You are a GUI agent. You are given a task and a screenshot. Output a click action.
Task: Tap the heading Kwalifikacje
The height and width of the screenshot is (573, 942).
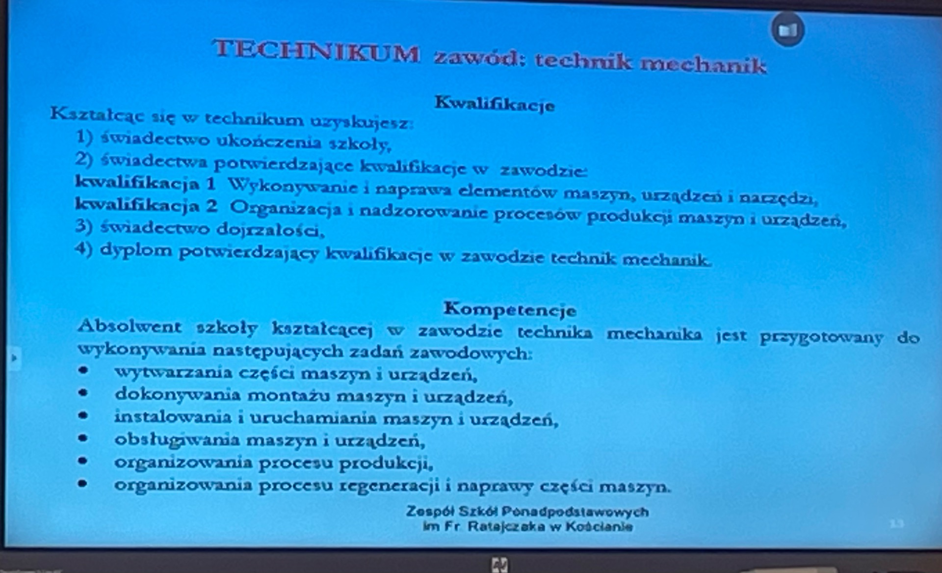coord(495,104)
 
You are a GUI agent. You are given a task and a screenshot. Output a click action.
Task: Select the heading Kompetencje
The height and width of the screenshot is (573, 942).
coord(510,309)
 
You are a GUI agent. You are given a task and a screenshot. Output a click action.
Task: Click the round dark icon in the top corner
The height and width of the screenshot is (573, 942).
coord(787,30)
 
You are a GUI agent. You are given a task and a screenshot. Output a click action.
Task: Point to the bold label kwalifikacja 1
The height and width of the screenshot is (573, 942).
coord(146,184)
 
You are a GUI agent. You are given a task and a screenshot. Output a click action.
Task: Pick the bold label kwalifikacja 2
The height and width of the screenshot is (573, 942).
coord(146,205)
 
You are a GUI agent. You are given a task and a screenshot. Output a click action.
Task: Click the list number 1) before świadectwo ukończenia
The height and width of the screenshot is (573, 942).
coord(84,137)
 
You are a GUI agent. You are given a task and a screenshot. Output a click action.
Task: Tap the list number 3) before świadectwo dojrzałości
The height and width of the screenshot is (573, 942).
coord(84,226)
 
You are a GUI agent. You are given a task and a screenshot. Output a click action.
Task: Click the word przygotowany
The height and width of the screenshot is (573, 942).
coord(821,338)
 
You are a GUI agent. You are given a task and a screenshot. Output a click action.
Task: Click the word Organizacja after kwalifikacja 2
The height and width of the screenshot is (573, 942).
coord(286,209)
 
